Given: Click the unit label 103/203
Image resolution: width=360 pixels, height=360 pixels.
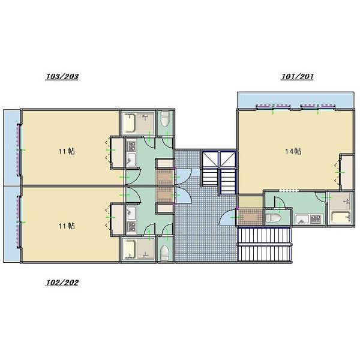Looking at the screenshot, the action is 62,76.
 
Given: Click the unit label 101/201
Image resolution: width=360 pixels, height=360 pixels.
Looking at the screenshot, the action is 297,76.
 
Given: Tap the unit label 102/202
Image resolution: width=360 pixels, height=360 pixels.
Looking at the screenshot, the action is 62,283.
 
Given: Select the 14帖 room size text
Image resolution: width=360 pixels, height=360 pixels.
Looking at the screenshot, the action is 293,151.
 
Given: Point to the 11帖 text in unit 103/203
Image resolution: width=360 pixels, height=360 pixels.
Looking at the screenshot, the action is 67,151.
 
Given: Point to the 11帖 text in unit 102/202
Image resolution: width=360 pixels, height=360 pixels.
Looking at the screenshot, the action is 67,226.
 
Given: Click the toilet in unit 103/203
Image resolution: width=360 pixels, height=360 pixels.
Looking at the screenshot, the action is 164,118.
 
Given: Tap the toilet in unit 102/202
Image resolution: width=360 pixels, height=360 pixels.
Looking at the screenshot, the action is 164,253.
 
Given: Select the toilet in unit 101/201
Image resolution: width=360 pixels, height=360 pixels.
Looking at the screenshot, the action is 273,218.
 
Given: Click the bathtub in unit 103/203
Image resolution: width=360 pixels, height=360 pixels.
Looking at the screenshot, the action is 130,122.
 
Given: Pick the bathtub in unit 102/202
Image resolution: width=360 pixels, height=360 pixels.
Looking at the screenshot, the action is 130,249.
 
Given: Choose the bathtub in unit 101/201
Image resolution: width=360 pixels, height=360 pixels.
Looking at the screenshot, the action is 340,217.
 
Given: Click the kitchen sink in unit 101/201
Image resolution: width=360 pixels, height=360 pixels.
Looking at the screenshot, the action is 302,219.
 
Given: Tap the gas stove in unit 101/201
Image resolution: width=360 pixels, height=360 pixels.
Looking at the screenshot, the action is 316,219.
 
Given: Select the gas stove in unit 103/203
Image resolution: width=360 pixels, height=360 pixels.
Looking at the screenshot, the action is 131,146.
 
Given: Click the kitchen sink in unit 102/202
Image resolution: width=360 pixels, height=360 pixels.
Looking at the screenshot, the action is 131,212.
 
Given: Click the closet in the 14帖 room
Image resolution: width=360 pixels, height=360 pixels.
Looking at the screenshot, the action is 347,172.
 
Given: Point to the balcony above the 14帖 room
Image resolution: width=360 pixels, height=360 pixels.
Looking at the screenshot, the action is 295,100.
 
